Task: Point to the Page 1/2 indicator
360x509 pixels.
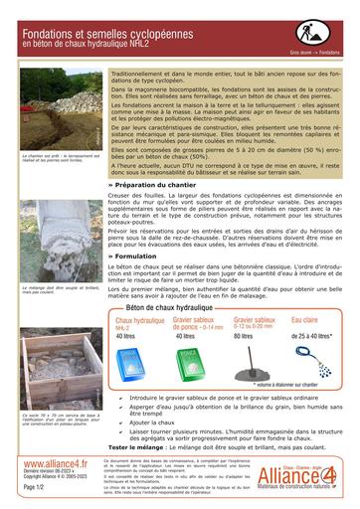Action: coord(33,487)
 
